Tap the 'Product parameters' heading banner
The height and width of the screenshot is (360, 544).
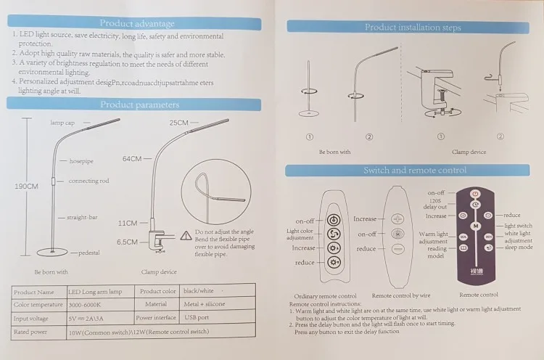138,105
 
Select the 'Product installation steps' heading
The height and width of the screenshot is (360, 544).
412,28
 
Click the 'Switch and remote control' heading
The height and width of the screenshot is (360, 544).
414,171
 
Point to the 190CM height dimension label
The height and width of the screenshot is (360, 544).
26,187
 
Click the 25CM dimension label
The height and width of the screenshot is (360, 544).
179,123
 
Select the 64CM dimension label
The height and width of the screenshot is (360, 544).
133,158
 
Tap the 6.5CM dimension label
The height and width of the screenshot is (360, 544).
128,242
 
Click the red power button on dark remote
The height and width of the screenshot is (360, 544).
475,194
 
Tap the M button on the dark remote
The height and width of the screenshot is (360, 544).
475,226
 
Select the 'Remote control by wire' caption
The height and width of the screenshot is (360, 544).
400,295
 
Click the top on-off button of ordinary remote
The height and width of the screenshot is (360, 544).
332,221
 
